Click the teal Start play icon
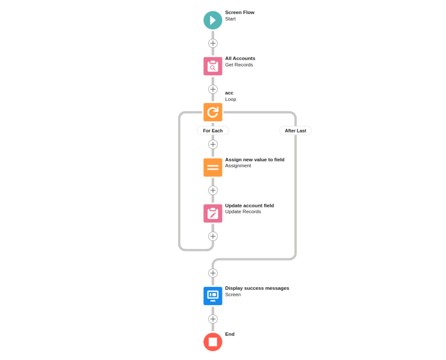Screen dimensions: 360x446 tap(213, 20)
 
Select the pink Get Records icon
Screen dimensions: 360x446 tap(213, 66)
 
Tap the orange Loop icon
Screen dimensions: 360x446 tap(213, 112)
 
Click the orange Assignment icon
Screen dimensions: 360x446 tap(213, 167)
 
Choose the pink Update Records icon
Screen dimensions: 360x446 tap(213, 213)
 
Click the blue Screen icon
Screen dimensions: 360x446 tap(213, 295)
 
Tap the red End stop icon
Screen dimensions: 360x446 tap(213, 342)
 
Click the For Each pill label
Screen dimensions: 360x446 tap(213, 131)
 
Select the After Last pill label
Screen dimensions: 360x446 tap(295, 131)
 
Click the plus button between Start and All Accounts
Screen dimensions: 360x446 tap(213, 43)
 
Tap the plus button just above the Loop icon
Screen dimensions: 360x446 tap(213, 89)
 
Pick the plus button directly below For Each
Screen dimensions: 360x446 tap(213, 144)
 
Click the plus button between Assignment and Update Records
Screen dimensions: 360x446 tap(213, 190)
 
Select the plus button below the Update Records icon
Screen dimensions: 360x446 tap(213, 236)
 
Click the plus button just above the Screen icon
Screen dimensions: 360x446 tap(213, 273)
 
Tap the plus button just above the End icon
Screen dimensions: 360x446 tap(213, 319)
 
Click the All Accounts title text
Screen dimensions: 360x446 tap(240, 58)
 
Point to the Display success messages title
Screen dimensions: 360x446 tap(257, 288)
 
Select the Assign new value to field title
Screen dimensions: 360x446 tap(254, 160)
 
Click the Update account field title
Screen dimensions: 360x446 tap(249, 206)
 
